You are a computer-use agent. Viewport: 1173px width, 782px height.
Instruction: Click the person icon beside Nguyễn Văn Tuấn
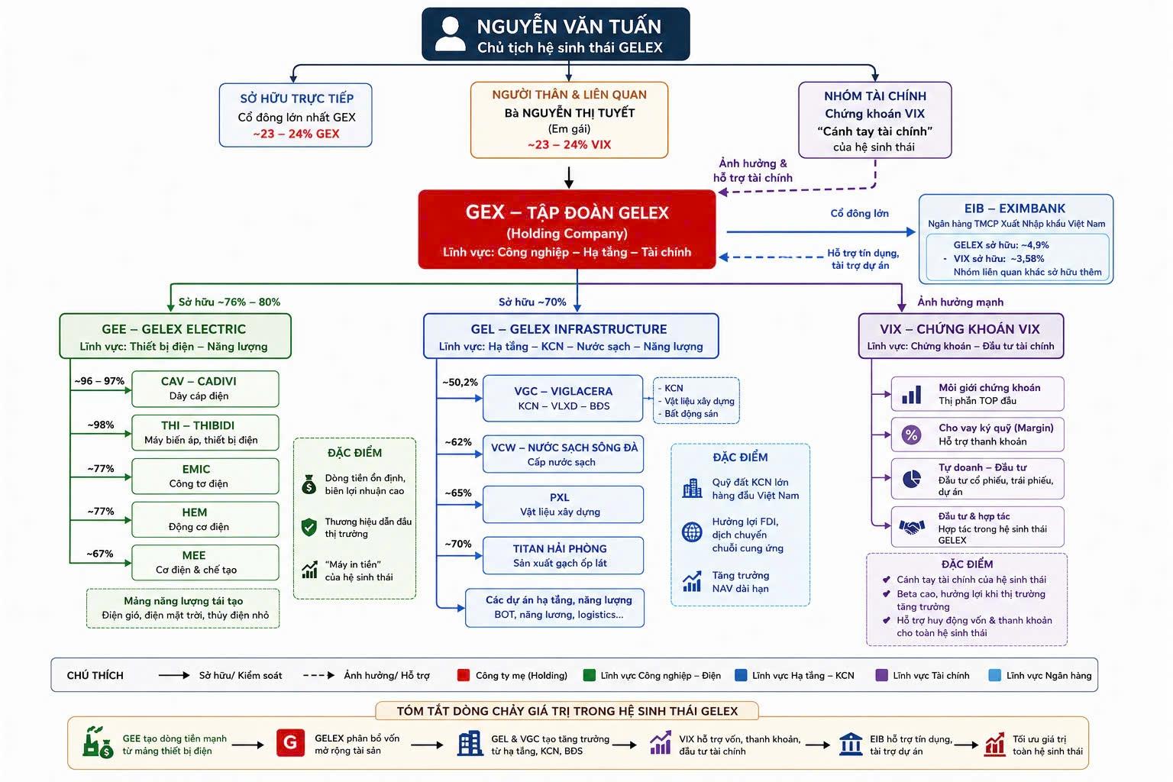tap(450, 34)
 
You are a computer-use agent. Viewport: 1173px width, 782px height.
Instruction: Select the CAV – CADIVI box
tap(205, 389)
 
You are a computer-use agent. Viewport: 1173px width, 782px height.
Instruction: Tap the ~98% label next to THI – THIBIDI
tap(101, 425)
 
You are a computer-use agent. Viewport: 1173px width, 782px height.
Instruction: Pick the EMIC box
tap(205, 476)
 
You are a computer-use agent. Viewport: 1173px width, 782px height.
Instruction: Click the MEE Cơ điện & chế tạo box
tap(205, 563)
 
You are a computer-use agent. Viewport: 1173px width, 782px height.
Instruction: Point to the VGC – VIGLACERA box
tap(563, 398)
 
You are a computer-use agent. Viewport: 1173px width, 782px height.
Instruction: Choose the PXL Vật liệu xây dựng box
tap(563, 504)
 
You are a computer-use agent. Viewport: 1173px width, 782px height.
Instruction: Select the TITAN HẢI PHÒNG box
tap(563, 555)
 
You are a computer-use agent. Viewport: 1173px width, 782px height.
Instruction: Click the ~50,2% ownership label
tap(460, 383)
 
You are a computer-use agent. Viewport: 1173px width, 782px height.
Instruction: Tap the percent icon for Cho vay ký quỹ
tap(911, 435)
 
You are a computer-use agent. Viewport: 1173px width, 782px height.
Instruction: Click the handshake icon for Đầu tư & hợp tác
tap(912, 527)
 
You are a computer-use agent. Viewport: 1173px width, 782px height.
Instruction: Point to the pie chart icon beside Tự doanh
tap(912, 478)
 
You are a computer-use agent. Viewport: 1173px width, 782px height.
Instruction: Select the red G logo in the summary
tap(291, 743)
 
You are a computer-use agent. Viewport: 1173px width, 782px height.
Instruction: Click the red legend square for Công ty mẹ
tap(463, 675)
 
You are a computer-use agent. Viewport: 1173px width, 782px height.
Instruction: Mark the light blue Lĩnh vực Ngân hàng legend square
tap(994, 675)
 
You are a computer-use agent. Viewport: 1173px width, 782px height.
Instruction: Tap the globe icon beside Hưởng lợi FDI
tap(692, 532)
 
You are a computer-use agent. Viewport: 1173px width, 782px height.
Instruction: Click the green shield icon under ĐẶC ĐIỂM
tap(309, 527)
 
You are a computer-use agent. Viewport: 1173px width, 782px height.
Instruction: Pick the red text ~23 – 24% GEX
tap(296, 134)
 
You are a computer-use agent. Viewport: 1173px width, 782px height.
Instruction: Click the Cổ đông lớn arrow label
tap(859, 213)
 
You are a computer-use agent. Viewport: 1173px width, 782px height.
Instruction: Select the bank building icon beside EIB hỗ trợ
tap(851, 744)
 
